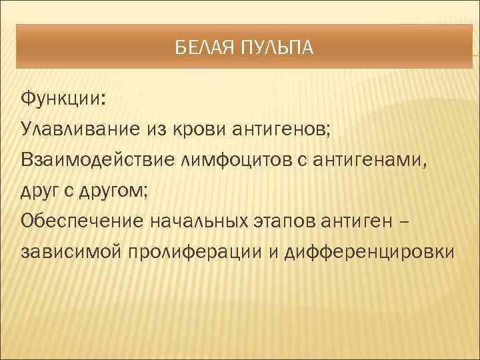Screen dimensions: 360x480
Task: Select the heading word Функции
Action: point(63,99)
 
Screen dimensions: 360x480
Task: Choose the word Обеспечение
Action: point(79,222)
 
